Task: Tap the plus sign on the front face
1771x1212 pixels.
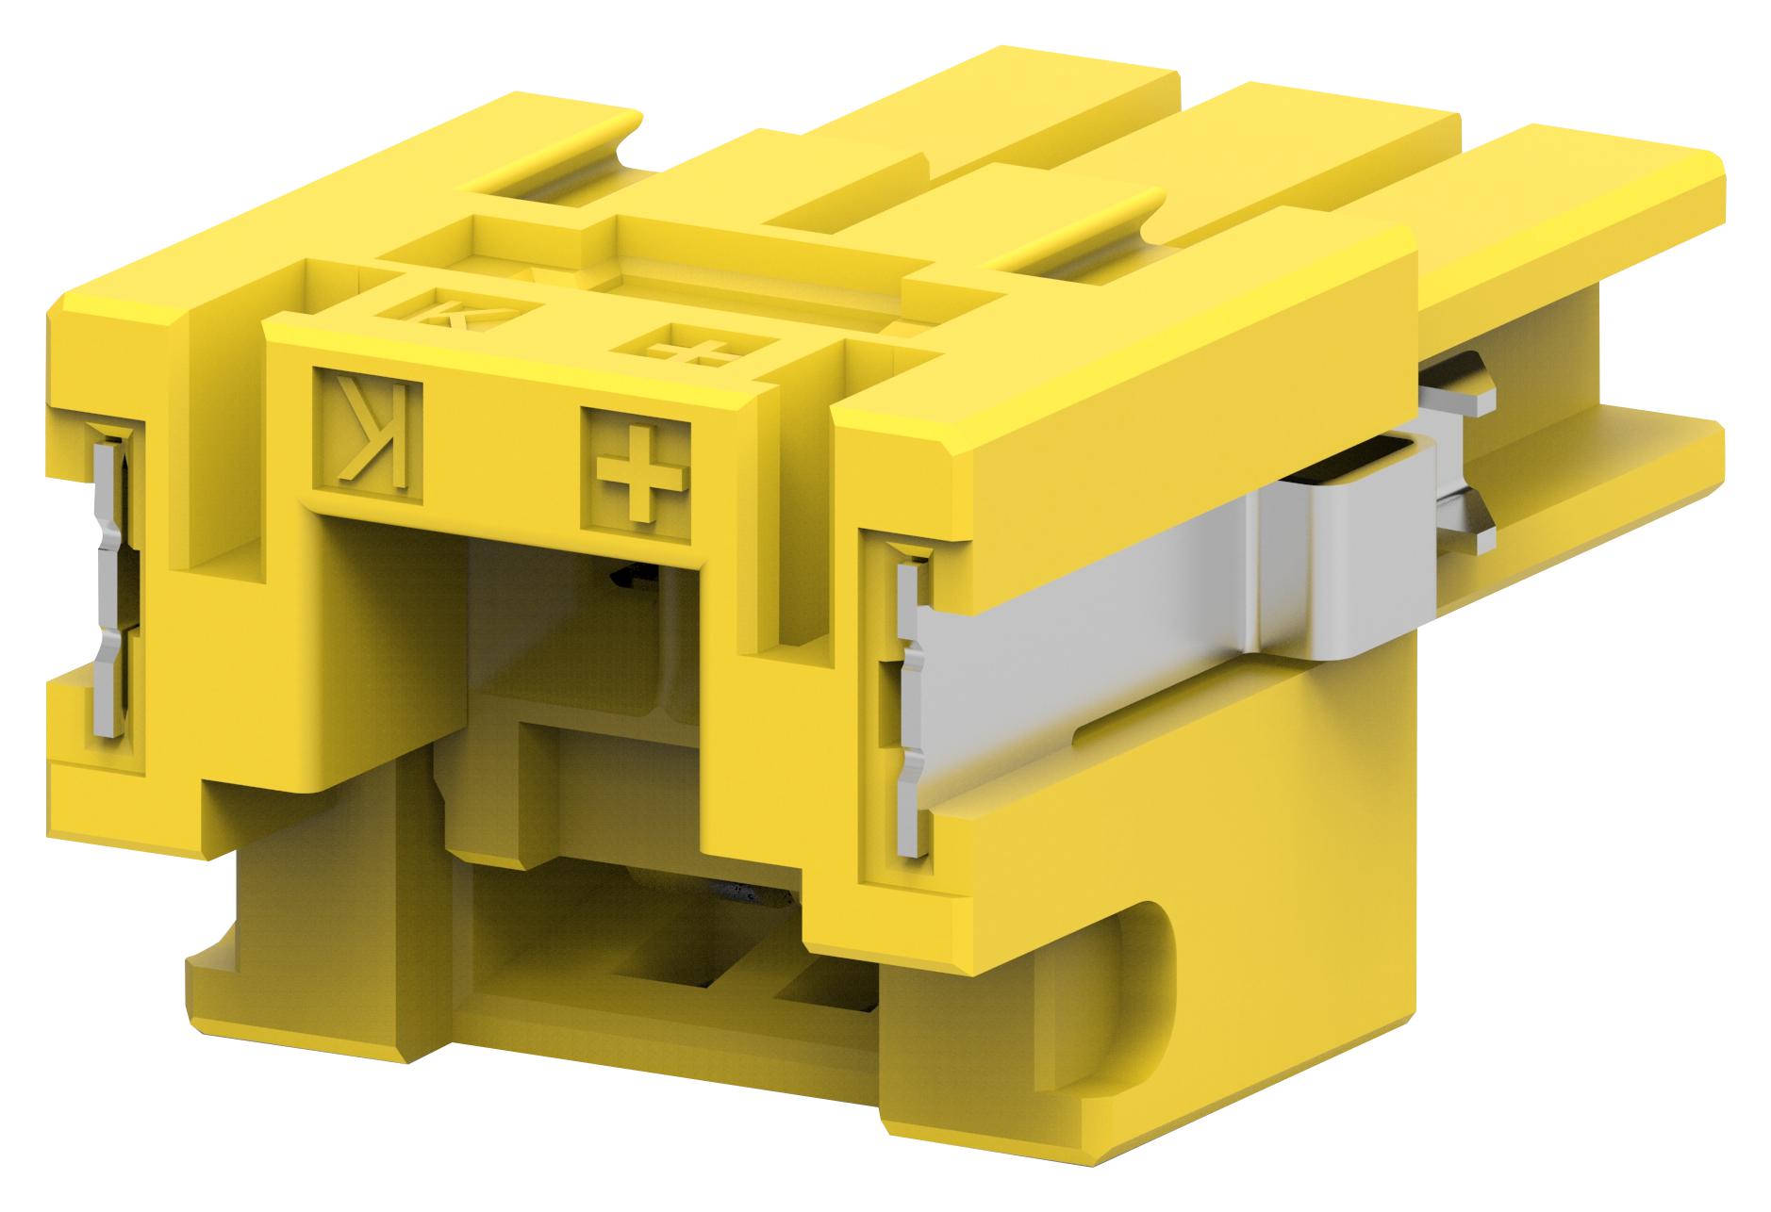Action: point(636,467)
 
